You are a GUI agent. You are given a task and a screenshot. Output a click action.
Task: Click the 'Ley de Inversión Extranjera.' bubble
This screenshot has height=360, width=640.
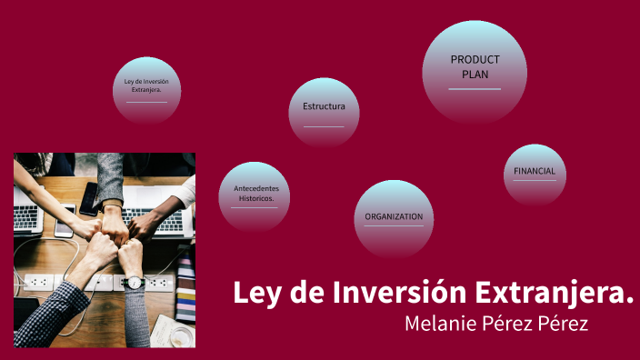click(146, 89)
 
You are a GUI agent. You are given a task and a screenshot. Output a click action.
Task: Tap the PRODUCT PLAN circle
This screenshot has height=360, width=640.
click(475, 70)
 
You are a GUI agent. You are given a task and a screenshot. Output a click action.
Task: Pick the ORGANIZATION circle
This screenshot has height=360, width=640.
click(394, 218)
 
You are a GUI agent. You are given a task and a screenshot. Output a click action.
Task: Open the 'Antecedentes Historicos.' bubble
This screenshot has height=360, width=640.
click(255, 196)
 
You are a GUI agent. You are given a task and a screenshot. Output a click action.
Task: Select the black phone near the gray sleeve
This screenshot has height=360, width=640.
click(88, 198)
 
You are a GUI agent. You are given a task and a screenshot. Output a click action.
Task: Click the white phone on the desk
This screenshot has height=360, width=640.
click(64, 224)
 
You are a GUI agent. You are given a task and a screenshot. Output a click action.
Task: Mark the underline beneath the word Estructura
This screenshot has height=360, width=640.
click(324, 126)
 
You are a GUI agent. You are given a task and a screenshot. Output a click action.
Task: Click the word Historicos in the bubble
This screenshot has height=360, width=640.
click(256, 198)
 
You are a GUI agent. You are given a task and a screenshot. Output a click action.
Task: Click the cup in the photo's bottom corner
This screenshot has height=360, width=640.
click(182, 336)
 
